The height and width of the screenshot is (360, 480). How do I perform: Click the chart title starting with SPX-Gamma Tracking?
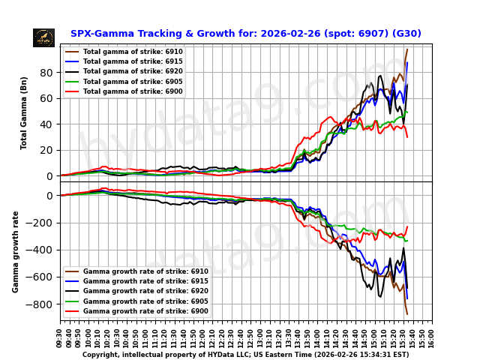click(245, 34)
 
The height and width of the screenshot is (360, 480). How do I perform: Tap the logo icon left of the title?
click(43, 37)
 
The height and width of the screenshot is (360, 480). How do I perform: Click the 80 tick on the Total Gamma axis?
click(47, 73)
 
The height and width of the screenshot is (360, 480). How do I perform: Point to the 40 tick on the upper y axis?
click(47, 124)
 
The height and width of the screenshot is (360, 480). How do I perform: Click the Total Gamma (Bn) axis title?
click(24, 112)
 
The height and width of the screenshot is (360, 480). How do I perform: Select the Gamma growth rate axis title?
click(16, 251)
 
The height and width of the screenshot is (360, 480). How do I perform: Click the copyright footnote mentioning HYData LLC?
click(245, 355)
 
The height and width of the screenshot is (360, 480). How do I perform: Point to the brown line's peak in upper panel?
click(407, 50)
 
